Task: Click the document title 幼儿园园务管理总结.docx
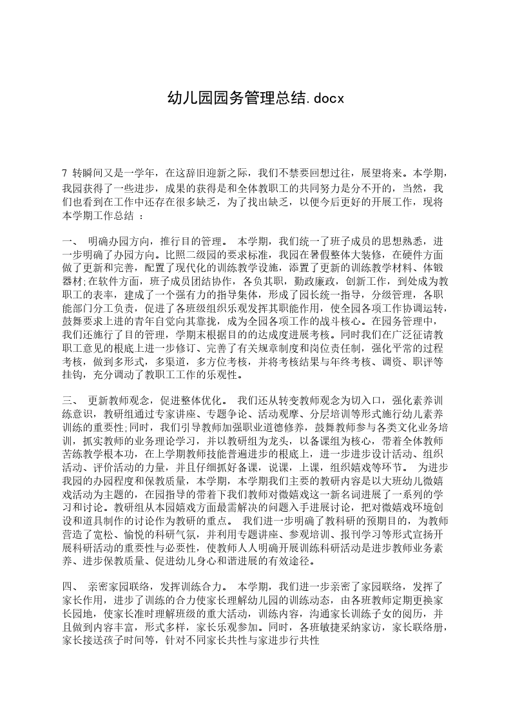coord(256,98)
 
